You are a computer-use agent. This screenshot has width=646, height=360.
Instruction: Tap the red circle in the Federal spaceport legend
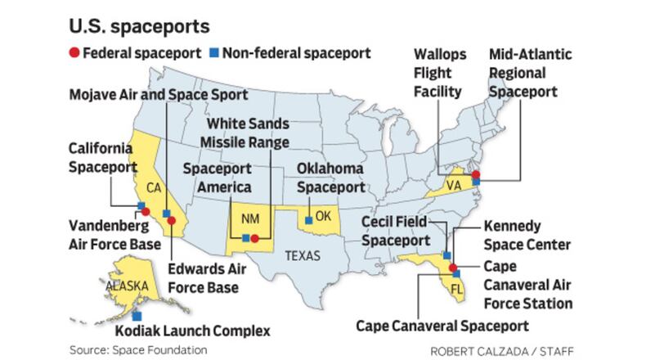pos(74,53)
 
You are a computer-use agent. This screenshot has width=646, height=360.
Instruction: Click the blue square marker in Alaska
pos(136,315)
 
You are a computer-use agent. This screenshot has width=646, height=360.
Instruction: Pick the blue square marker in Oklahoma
pos(308,219)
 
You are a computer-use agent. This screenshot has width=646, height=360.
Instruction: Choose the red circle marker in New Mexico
pos(254,238)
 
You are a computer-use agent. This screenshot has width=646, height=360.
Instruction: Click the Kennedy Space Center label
pos(525,235)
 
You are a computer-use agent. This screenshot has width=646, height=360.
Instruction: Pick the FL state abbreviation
pos(457,290)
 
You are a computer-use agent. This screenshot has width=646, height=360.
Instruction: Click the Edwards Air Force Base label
pos(204,279)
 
